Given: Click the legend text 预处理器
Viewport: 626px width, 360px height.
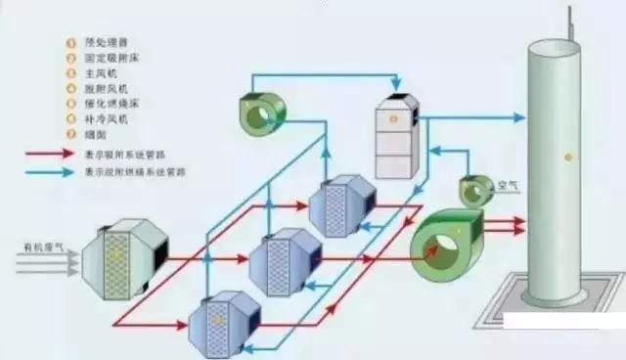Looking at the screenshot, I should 104,44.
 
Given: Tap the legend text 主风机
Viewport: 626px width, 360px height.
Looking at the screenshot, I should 100,74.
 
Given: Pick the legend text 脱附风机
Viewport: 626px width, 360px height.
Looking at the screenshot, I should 104,89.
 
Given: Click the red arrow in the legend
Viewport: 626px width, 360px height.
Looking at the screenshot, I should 49,154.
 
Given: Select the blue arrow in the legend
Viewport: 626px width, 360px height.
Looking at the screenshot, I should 49,171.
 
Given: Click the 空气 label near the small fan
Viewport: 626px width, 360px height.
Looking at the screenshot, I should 508,185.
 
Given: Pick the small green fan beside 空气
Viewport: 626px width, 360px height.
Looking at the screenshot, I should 476,191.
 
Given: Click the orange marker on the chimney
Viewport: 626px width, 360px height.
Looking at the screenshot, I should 564,157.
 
